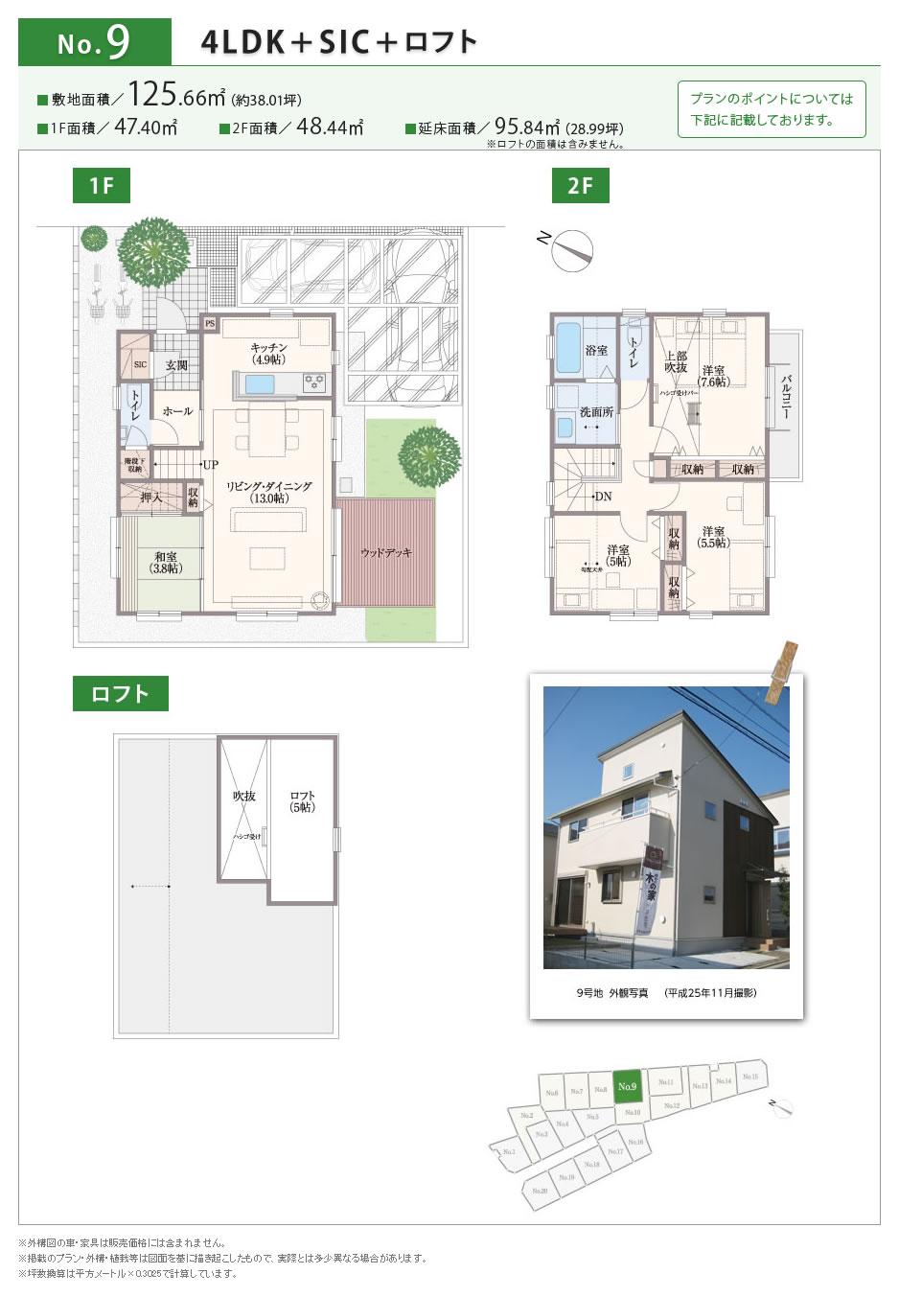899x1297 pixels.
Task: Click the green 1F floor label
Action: point(102,186)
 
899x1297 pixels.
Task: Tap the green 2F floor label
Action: point(580,186)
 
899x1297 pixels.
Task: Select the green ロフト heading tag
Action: point(120,694)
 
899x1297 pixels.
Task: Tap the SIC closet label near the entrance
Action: point(140,364)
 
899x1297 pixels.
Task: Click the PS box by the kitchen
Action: point(210,324)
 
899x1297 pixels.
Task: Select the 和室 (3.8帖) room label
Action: point(165,562)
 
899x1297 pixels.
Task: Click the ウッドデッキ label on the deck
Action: point(386,553)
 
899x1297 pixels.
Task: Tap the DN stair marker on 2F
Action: point(602,496)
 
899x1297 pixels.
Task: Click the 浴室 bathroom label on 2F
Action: point(596,350)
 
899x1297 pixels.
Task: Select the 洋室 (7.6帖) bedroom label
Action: point(713,376)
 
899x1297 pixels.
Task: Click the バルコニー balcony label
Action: point(786,396)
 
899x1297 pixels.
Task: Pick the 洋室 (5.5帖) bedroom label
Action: point(712,537)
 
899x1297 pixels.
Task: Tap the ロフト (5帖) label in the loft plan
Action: point(303,801)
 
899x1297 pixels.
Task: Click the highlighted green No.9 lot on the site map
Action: point(627,1086)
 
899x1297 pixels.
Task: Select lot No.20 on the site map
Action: point(540,1190)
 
